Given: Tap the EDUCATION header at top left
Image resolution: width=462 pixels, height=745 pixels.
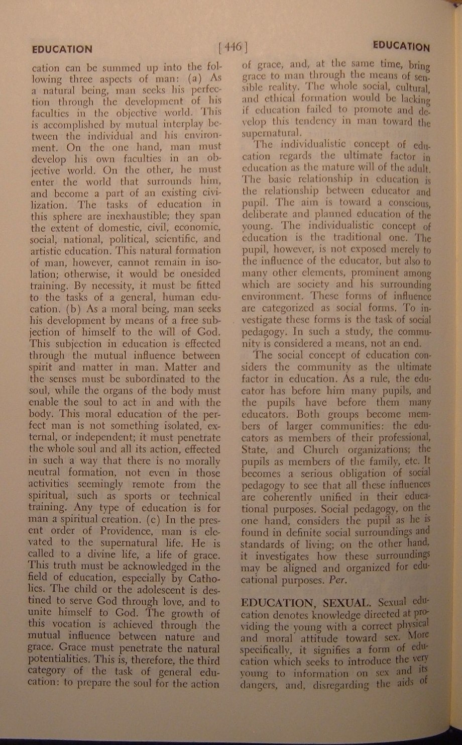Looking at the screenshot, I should click(62, 49).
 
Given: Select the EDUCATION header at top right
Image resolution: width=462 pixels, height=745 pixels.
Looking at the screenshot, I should click(401, 47).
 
